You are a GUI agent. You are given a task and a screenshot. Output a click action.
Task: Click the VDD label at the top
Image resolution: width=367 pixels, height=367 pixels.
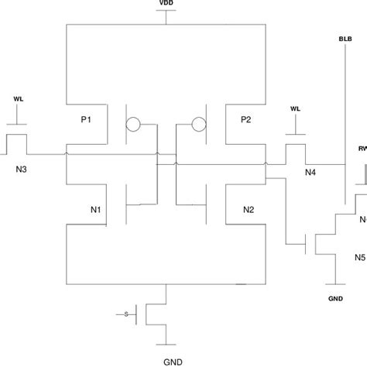pyautogui.click(x=166, y=4)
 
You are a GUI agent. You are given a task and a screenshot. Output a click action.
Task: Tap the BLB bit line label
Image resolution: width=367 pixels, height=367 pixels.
pyautogui.click(x=345, y=38)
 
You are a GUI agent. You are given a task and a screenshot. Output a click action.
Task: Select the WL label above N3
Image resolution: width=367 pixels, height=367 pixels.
pyautogui.click(x=19, y=99)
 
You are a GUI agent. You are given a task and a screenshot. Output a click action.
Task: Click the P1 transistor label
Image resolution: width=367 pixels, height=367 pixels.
pyautogui.click(x=86, y=120)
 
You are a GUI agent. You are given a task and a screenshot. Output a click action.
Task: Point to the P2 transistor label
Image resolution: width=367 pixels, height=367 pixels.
pyautogui.click(x=245, y=120)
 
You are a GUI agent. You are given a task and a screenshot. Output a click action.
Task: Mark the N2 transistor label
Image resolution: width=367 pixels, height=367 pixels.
pyautogui.click(x=248, y=210)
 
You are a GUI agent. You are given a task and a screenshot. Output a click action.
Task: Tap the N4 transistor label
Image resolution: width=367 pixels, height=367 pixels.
pyautogui.click(x=310, y=172)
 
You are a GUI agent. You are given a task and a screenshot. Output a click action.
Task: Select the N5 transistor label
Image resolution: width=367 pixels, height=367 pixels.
pyautogui.click(x=359, y=257)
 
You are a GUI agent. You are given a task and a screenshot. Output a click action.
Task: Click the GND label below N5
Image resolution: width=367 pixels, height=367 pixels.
pyautogui.click(x=335, y=297)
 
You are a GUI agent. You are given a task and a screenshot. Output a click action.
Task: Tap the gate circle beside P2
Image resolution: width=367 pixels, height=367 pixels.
pyautogui.click(x=199, y=123)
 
